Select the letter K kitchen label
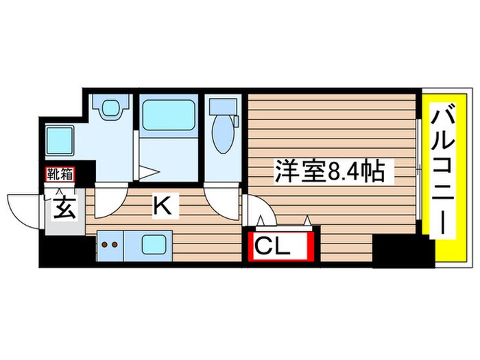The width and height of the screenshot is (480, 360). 163,204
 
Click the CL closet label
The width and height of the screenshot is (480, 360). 281,246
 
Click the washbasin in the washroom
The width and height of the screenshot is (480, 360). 110,107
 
